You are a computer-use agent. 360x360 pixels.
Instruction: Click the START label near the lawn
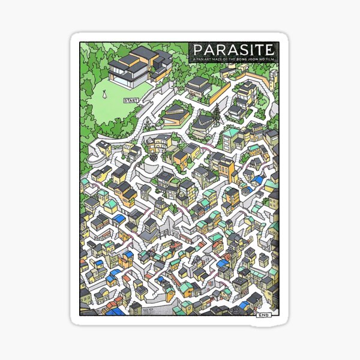click(130, 101)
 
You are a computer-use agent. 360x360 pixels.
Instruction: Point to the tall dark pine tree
click(217, 114)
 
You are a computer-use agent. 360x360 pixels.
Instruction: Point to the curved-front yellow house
click(158, 144)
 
